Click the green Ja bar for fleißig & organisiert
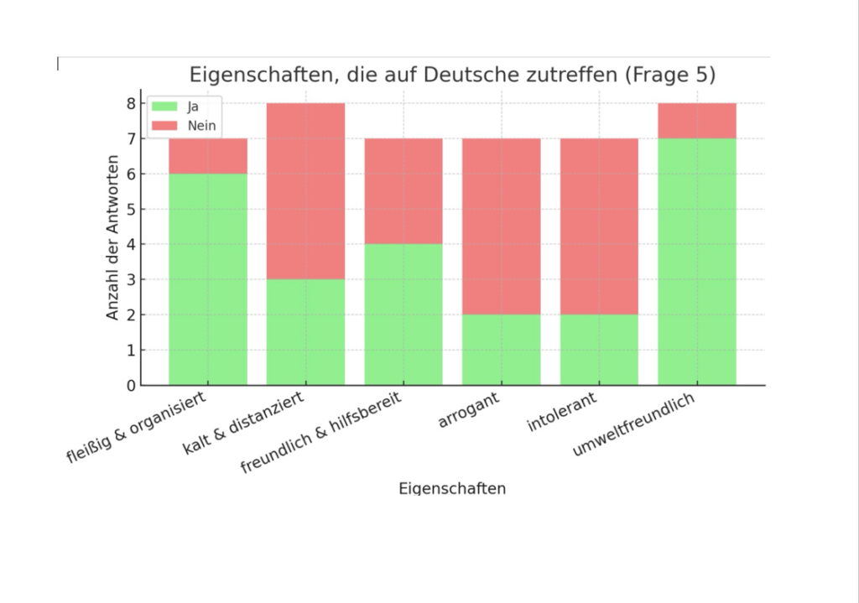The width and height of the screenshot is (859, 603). pyautogui.click(x=208, y=279)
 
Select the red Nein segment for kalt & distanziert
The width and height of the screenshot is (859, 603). pyautogui.click(x=305, y=191)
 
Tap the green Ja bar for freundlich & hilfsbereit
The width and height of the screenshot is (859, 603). pyautogui.click(x=403, y=314)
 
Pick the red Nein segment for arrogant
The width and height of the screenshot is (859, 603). pyautogui.click(x=501, y=226)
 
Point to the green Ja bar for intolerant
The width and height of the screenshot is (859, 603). pyautogui.click(x=599, y=350)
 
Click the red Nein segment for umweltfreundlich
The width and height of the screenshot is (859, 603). pyautogui.click(x=696, y=121)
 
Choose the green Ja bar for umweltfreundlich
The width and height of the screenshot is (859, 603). pyautogui.click(x=696, y=262)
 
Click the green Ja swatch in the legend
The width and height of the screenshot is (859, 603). pyautogui.click(x=164, y=107)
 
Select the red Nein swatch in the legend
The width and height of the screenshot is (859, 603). pyautogui.click(x=164, y=126)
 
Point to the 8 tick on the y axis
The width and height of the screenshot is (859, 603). pyautogui.click(x=131, y=103)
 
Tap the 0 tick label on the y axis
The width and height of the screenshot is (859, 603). pyautogui.click(x=131, y=386)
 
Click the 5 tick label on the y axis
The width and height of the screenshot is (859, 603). pyautogui.click(x=131, y=210)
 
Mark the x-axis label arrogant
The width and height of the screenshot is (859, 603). pyautogui.click(x=470, y=410)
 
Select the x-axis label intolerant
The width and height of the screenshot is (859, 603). pyautogui.click(x=562, y=413)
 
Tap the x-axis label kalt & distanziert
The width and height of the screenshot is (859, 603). pyautogui.click(x=244, y=424)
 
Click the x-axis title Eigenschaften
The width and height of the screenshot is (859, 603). pyautogui.click(x=452, y=488)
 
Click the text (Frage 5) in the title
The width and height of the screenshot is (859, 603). pyautogui.click(x=669, y=75)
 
